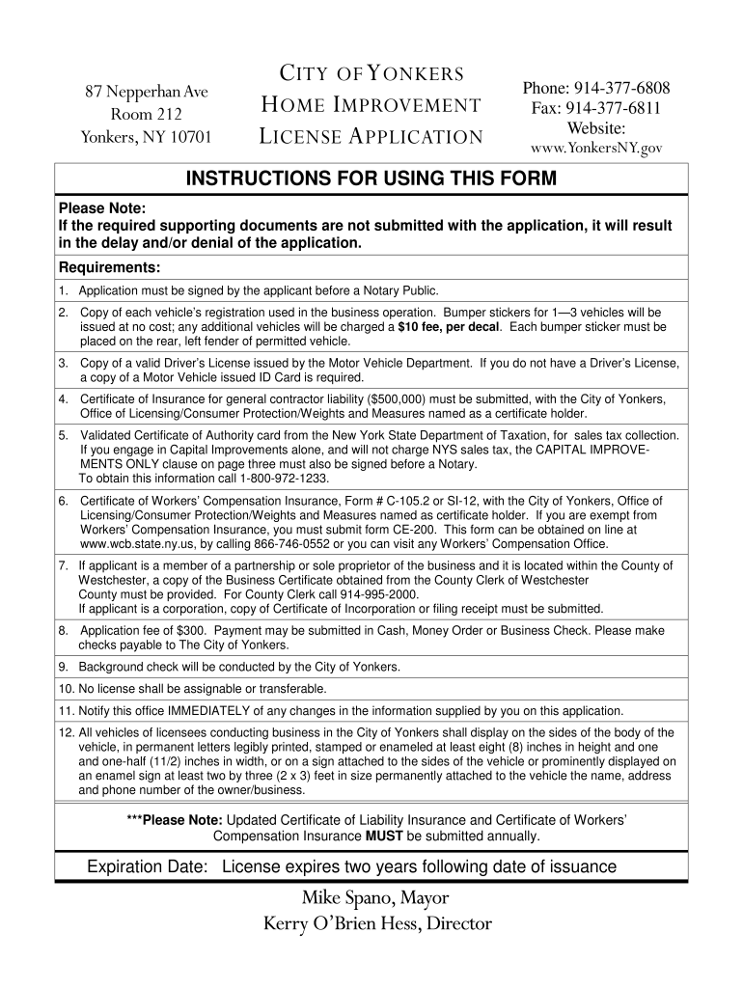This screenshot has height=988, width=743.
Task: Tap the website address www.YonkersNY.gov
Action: pos(596,150)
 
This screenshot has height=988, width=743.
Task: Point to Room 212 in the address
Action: pos(147,114)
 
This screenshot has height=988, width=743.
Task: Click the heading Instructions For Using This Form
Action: pos(371,179)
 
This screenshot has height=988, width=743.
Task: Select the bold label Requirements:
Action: pos(109,267)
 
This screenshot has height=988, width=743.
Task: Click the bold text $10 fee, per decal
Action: pos(450,327)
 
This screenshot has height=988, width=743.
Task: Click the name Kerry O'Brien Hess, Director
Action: pos(377,924)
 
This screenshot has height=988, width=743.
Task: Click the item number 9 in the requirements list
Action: pos(63,667)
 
